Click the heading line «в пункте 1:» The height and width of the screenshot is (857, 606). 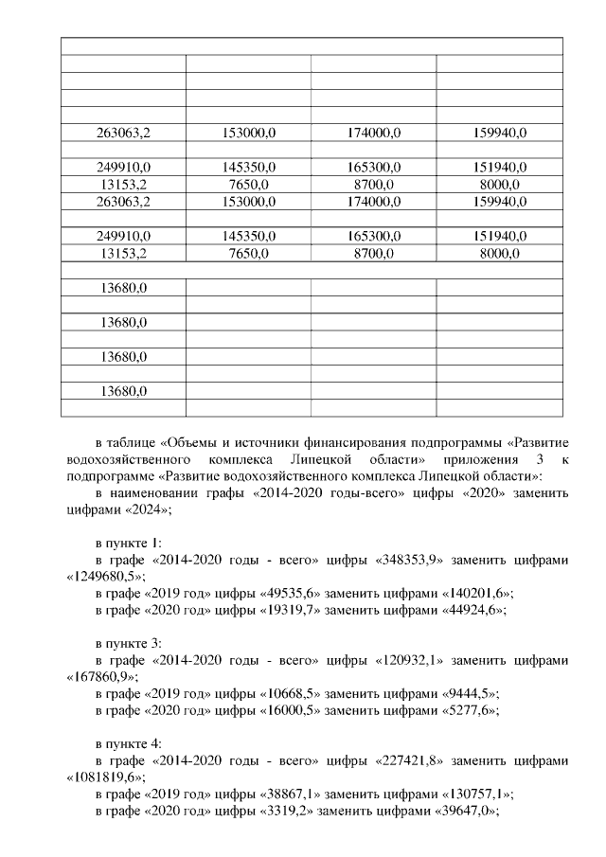(128, 543)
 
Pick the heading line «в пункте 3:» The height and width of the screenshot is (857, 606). (128, 643)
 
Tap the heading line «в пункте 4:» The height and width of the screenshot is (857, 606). (128, 744)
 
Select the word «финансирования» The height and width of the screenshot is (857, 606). (360, 441)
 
